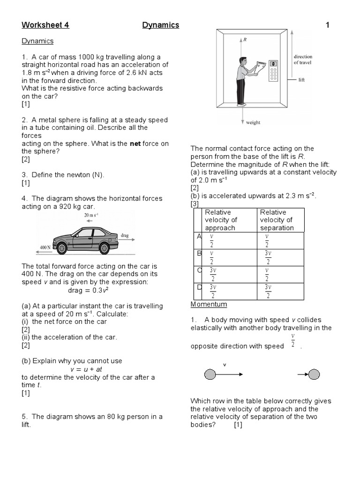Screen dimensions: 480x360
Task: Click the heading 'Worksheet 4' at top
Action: [45, 25]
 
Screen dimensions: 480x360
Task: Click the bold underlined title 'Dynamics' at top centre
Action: [161, 25]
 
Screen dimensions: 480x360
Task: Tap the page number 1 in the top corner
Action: [327, 25]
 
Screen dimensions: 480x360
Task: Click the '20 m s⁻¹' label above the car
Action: [91, 215]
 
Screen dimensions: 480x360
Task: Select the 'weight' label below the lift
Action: [253, 123]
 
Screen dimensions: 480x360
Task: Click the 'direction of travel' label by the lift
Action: [303, 60]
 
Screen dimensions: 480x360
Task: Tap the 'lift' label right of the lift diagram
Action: [301, 80]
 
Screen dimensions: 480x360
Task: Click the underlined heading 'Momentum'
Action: [209, 304]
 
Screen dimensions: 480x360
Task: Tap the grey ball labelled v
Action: [210, 374]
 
